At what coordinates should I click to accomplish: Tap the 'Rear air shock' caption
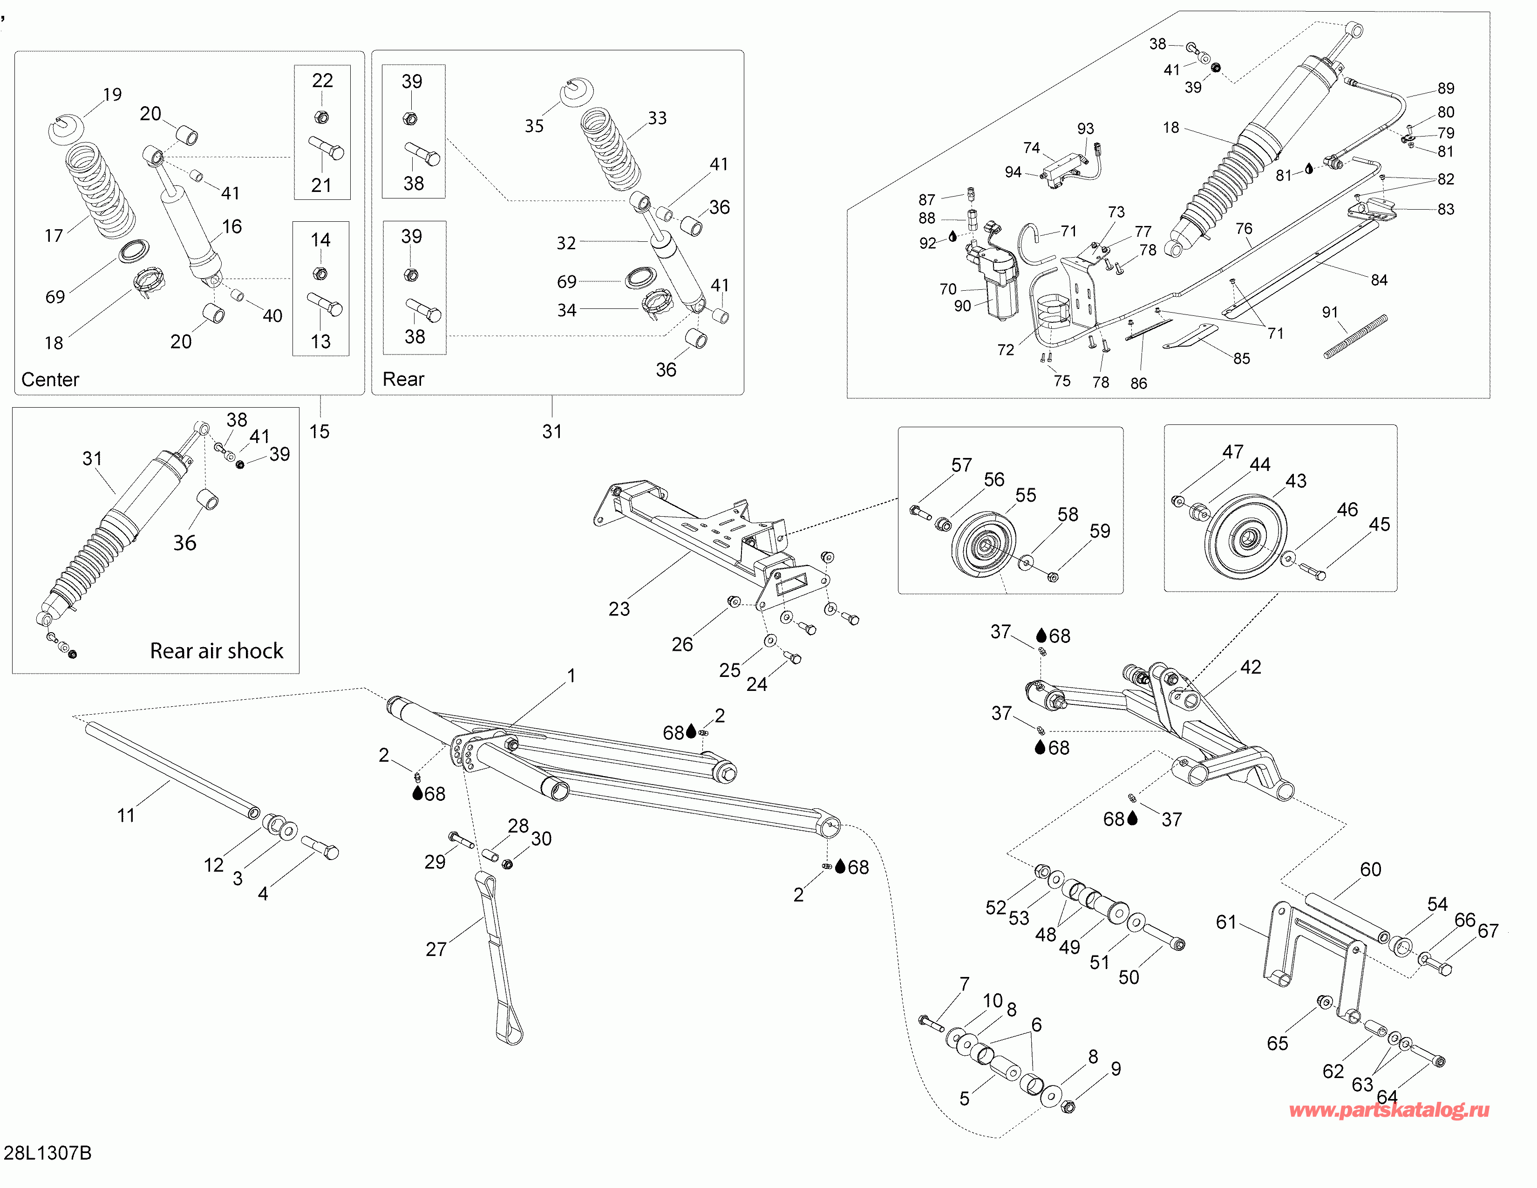point(217,650)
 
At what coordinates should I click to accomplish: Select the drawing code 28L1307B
point(48,1153)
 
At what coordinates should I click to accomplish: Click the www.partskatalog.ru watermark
point(1389,1110)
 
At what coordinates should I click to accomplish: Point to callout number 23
point(619,609)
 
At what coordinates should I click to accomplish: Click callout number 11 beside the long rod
point(126,815)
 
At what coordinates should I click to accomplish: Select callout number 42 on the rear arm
point(1251,667)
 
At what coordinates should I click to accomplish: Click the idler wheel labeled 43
point(1245,539)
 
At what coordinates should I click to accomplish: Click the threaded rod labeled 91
point(1355,337)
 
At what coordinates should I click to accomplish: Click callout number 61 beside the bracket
point(1226,922)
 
